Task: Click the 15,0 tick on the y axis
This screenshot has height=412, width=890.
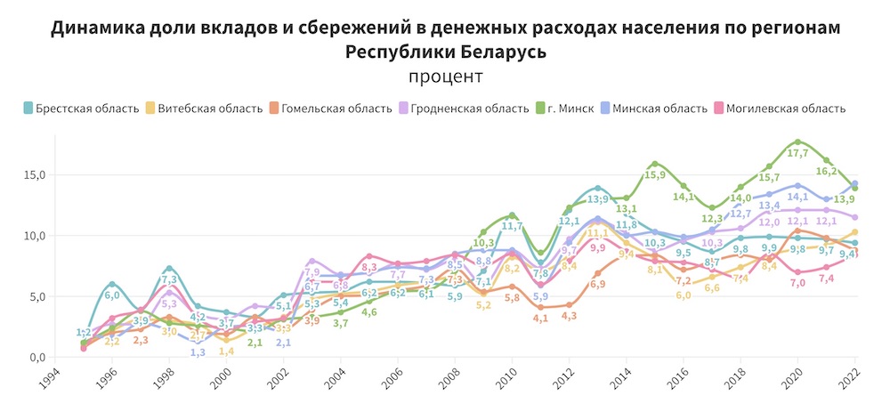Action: (x=32, y=174)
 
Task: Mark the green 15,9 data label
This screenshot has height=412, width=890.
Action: (x=654, y=175)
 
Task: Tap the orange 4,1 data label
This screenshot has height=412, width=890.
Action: (x=540, y=319)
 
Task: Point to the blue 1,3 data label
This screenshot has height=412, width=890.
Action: (x=198, y=352)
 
